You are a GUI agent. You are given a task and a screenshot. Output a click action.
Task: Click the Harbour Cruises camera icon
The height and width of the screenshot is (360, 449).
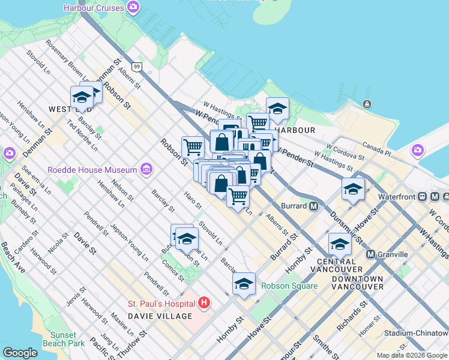click(133, 8)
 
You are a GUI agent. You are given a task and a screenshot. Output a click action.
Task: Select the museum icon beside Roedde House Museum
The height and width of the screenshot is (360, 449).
click(146, 170)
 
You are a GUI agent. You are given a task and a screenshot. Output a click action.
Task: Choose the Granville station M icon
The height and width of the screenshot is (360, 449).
click(371, 254)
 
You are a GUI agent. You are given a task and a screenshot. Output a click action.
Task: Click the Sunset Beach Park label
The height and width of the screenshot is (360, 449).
click(64, 339)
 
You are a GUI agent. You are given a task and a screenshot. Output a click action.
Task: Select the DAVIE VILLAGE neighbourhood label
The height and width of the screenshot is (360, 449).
click(160, 316)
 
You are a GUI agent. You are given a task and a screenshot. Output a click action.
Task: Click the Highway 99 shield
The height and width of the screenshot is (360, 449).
click(137, 66)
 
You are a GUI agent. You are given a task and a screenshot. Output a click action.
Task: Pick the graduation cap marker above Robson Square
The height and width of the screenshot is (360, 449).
click(244, 284)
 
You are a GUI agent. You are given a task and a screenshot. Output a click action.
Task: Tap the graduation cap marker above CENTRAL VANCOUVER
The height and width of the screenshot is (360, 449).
click(340, 244)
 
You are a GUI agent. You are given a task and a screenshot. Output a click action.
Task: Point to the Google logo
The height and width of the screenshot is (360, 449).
click(20, 353)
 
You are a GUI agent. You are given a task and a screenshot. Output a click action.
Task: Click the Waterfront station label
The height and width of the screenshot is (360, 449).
click(397, 196)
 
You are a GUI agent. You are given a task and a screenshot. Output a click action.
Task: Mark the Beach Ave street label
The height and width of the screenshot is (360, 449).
click(12, 257)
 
